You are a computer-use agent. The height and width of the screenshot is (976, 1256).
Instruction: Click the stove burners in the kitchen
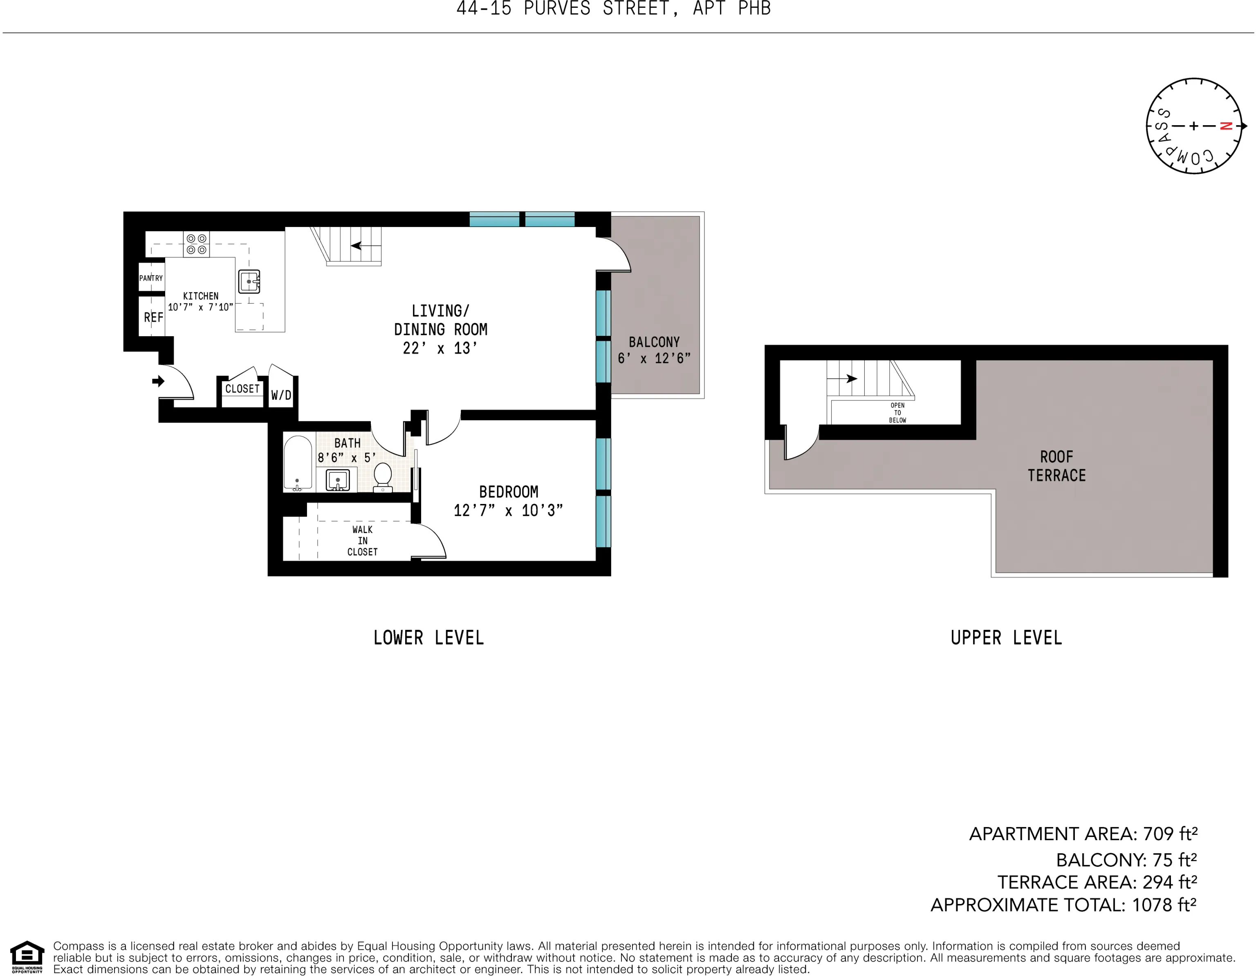click(196, 244)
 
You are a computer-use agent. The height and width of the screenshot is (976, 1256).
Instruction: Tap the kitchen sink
click(249, 281)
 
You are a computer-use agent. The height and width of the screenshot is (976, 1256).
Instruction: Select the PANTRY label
click(151, 278)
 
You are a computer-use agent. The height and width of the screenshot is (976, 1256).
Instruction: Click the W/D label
click(281, 395)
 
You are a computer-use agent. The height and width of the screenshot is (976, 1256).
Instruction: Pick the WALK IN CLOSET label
click(362, 540)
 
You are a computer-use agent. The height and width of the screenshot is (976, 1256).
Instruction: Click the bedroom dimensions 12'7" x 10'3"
click(508, 510)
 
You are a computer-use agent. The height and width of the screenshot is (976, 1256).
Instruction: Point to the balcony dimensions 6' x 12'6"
click(654, 358)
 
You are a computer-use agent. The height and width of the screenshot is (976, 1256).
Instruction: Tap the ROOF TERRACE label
click(1056, 466)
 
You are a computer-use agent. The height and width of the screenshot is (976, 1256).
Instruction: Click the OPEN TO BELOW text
click(897, 413)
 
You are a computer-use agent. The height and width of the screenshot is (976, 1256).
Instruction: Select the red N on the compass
click(1225, 126)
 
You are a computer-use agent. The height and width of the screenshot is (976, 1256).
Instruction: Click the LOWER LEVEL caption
click(428, 638)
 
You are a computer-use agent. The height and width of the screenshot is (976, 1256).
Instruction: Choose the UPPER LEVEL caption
click(1006, 638)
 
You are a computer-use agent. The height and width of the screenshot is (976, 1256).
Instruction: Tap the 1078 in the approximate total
click(1152, 905)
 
